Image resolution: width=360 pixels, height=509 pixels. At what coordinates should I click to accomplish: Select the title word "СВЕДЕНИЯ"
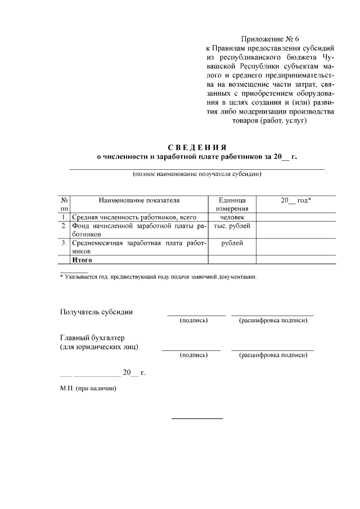click(196, 147)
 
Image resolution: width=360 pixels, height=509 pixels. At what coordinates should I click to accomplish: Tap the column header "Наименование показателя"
click(138, 200)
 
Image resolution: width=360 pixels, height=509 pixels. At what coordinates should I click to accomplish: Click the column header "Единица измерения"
click(232, 204)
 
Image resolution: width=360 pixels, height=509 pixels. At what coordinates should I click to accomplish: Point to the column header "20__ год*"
click(296, 200)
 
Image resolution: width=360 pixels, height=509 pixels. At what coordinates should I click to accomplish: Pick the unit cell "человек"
click(232, 217)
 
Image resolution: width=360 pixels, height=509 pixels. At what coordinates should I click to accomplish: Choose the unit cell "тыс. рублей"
click(232, 226)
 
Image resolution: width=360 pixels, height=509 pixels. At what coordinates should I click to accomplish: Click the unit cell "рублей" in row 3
click(232, 243)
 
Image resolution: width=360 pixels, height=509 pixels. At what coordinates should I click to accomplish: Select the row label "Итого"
click(82, 260)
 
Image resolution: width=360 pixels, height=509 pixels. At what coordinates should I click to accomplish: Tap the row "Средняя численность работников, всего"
click(133, 217)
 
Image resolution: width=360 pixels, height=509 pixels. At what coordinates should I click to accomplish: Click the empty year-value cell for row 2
click(296, 230)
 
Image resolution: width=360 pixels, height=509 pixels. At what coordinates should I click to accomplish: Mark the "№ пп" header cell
click(64, 204)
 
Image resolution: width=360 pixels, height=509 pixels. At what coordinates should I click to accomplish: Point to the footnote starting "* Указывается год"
click(158, 277)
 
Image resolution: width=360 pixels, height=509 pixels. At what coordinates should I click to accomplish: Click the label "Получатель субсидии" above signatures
click(96, 312)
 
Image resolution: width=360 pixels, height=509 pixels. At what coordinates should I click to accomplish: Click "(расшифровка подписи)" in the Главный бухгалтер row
click(273, 355)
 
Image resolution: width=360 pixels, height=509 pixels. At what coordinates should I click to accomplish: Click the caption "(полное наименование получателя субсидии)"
click(197, 174)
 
